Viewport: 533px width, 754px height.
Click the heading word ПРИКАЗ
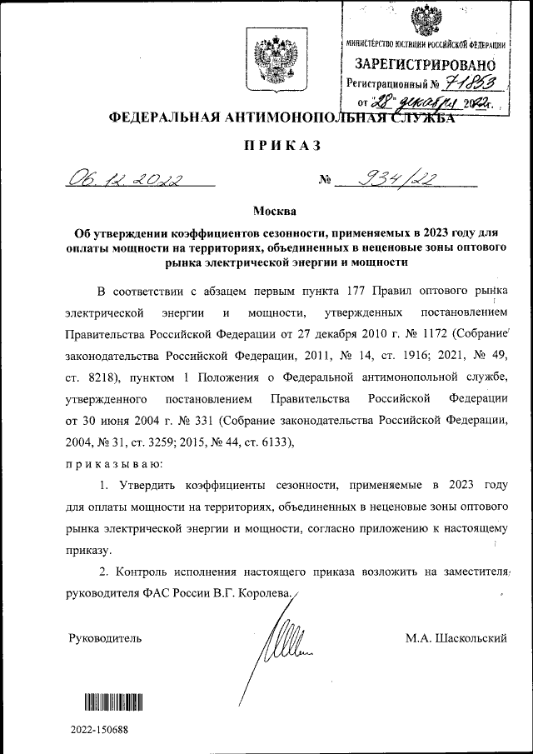[x=281, y=146]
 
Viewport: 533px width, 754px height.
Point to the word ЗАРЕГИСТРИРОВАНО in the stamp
[x=426, y=64]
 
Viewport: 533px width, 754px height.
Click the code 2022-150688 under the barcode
[x=100, y=730]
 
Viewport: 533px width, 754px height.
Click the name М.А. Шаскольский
[x=456, y=638]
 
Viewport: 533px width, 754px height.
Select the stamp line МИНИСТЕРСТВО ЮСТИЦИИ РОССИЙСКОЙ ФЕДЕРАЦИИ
[x=426, y=44]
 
